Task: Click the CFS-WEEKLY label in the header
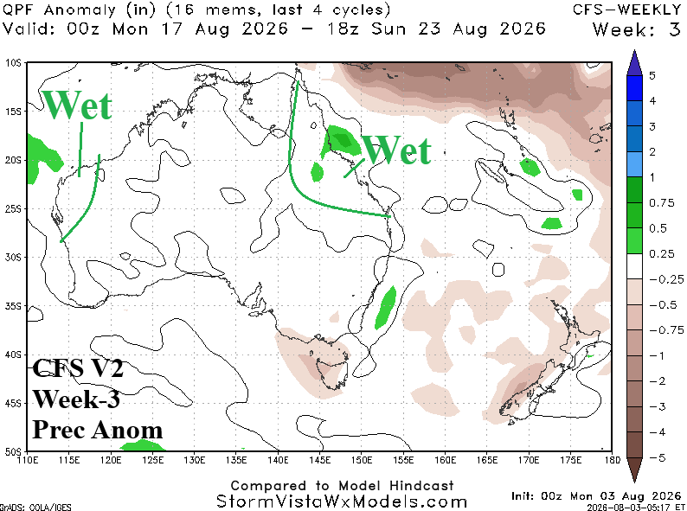click(x=627, y=10)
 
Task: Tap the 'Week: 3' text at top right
click(x=637, y=29)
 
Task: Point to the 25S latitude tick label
click(x=12, y=209)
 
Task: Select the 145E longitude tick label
click(x=320, y=460)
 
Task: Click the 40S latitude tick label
click(x=12, y=355)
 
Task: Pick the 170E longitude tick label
click(x=529, y=460)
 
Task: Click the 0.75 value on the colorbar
click(x=662, y=202)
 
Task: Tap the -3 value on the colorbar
click(x=658, y=406)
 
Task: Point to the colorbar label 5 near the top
click(x=652, y=75)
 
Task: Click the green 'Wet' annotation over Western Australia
click(x=77, y=105)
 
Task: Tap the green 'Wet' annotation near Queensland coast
click(x=397, y=150)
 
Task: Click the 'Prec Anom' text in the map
click(x=97, y=430)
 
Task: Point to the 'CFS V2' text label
click(x=78, y=367)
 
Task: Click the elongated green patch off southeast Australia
click(x=386, y=308)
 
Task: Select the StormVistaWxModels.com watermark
click(x=342, y=501)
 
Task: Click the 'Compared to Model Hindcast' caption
click(x=342, y=486)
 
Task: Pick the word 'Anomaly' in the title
click(x=80, y=10)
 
